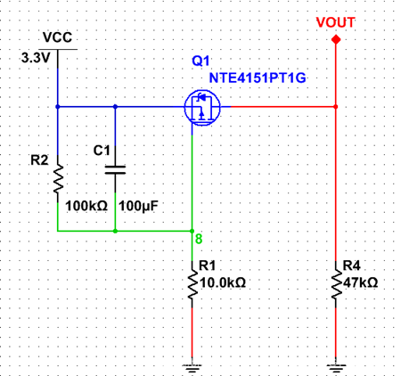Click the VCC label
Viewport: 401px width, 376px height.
click(57, 38)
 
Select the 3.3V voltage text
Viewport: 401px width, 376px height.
click(37, 58)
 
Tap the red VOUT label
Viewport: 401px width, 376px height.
click(335, 21)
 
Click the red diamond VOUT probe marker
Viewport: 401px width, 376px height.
click(336, 41)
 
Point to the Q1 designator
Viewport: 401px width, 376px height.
click(200, 61)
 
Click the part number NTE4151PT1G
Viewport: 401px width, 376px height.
click(258, 78)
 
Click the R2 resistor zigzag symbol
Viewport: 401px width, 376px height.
click(57, 179)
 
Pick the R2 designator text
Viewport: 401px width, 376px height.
click(39, 160)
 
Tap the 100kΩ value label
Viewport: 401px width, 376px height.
click(87, 206)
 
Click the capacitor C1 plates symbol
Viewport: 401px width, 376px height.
click(115, 168)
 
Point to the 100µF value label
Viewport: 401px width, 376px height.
click(139, 206)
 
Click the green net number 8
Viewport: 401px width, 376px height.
click(199, 239)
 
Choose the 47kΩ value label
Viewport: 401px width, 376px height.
click(361, 282)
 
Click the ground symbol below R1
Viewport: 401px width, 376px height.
click(192, 365)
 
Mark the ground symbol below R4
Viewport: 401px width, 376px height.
click(336, 365)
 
